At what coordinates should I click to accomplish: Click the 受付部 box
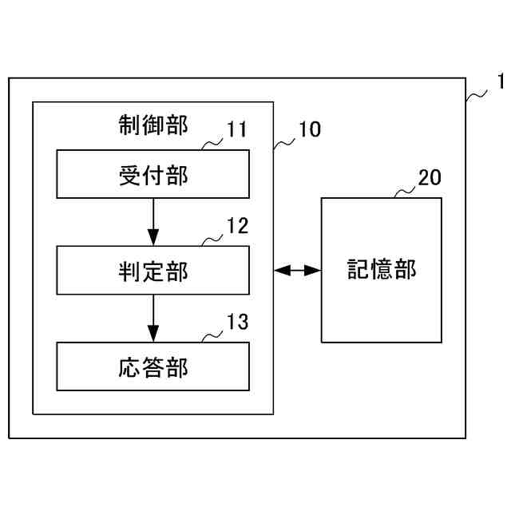click(x=153, y=175)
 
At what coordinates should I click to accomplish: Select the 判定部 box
click(x=153, y=271)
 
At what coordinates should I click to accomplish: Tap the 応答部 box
click(x=153, y=366)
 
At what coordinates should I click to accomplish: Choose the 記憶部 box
click(x=382, y=270)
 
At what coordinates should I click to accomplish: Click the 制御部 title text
click(x=153, y=125)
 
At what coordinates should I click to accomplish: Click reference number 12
click(x=237, y=226)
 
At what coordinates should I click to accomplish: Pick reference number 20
click(x=429, y=177)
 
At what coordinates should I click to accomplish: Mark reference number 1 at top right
click(x=500, y=81)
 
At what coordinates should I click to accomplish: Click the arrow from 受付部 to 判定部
click(x=153, y=222)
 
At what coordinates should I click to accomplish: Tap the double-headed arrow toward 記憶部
click(x=297, y=271)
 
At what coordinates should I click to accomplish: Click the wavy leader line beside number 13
click(x=212, y=336)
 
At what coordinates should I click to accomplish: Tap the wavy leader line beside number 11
click(x=212, y=145)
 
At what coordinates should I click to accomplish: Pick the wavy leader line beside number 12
click(x=212, y=240)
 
